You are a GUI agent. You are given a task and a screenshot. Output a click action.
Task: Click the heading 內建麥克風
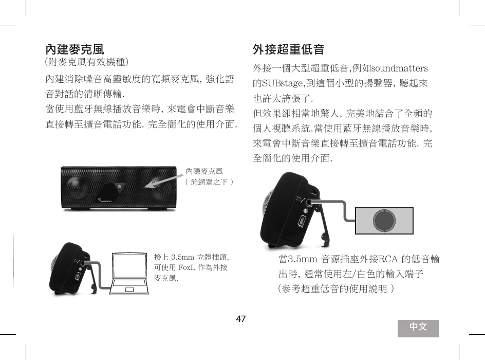[x=75, y=50]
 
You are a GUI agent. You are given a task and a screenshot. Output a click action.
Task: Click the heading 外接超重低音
[x=288, y=50]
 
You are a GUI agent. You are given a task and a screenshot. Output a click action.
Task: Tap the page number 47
[x=241, y=319]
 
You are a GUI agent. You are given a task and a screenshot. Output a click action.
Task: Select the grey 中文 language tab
[x=418, y=328]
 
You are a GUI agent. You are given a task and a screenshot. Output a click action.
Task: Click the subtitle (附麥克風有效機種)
[x=87, y=63]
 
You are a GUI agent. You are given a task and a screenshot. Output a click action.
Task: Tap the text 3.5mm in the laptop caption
[x=182, y=257]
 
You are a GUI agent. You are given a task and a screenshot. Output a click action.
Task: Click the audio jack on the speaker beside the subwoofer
[x=309, y=202]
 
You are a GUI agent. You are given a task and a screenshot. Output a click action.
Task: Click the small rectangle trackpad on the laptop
[x=128, y=288]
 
